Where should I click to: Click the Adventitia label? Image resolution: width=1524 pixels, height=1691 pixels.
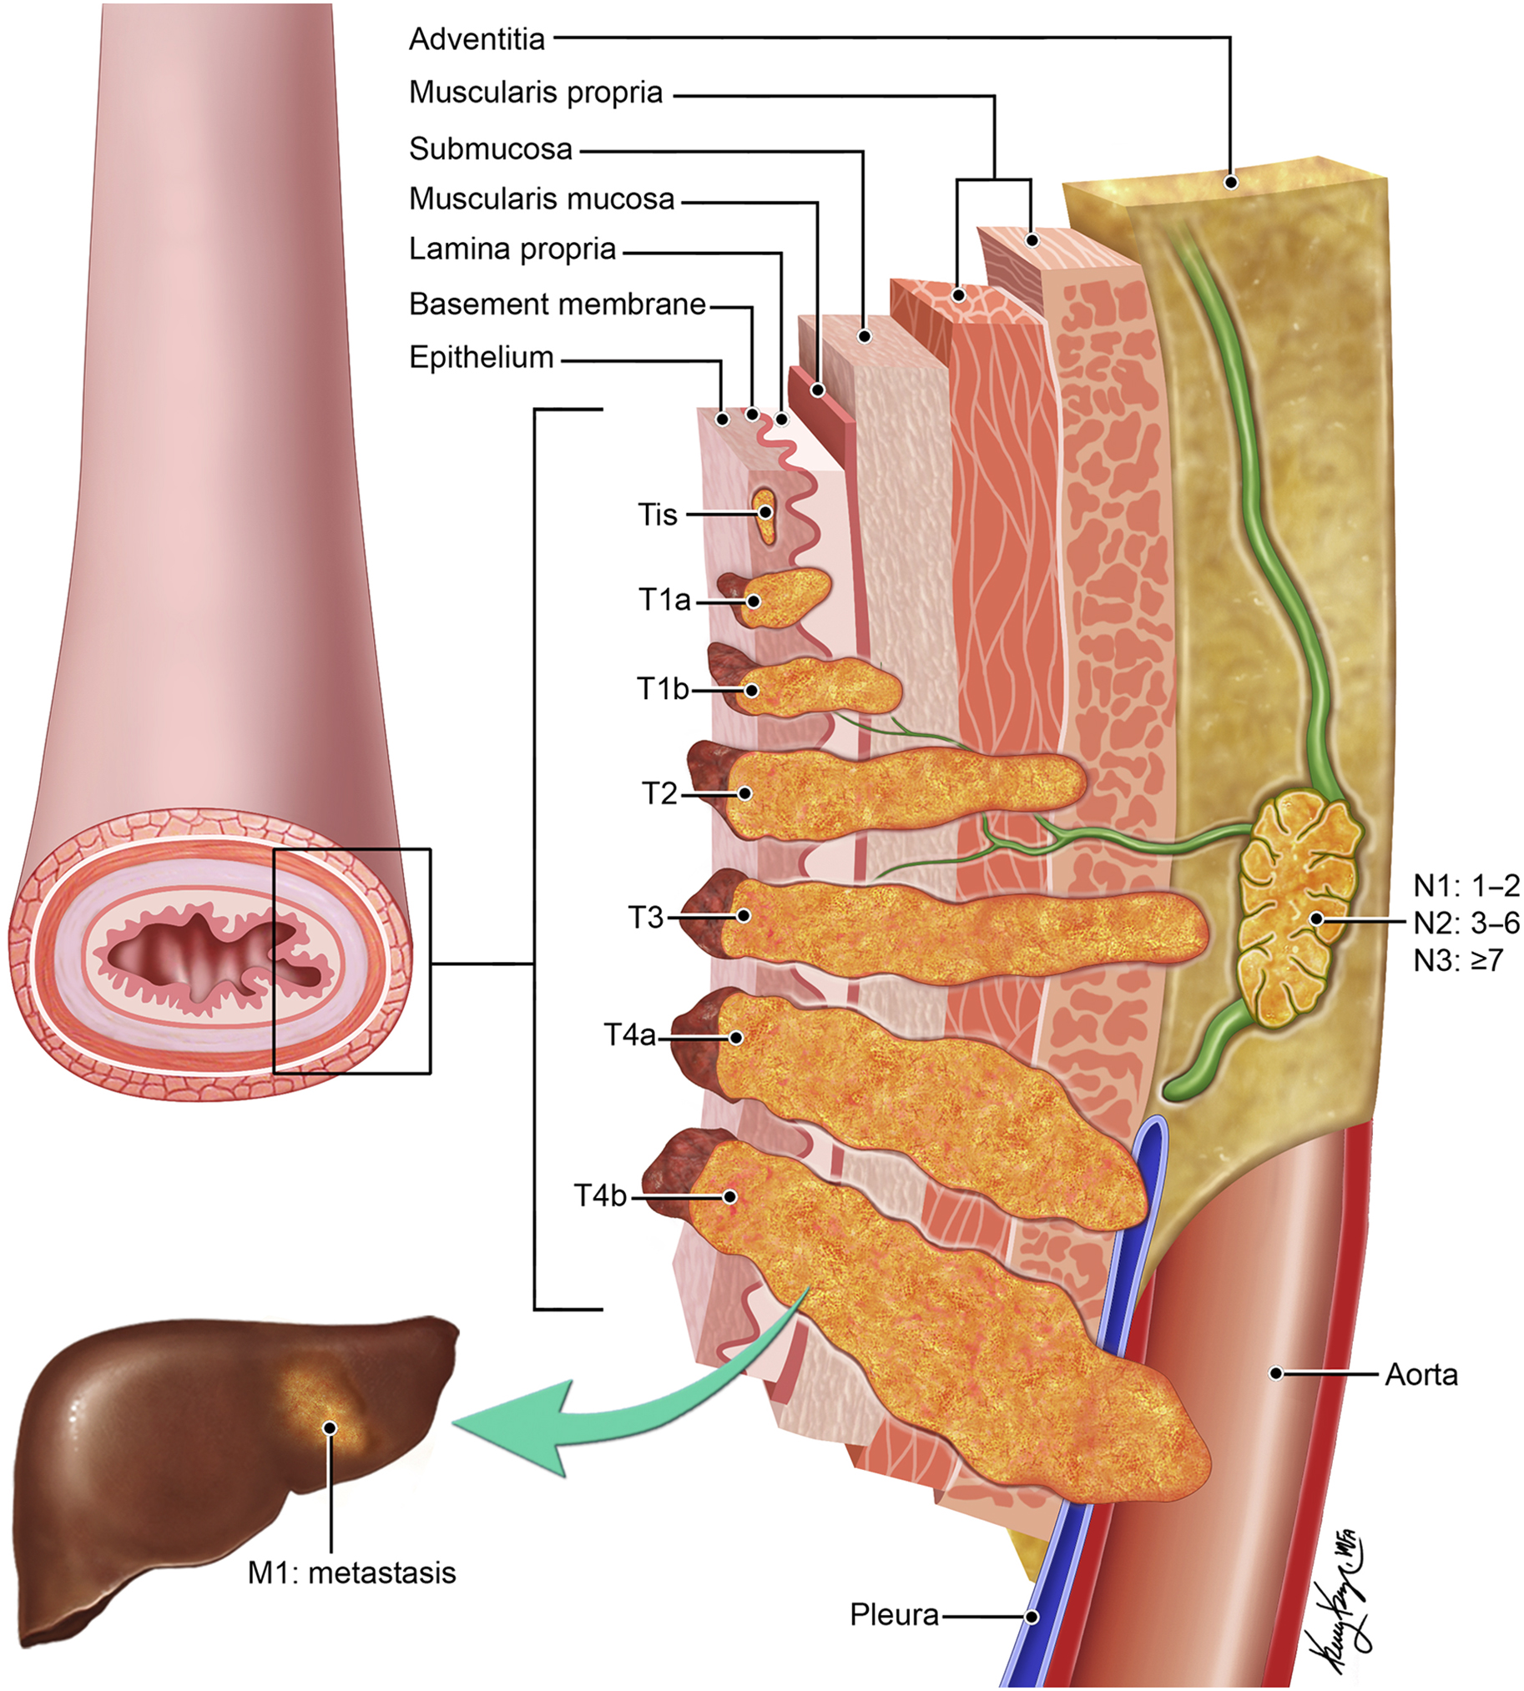click(x=477, y=39)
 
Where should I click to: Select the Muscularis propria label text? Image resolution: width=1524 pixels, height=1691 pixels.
click(x=535, y=93)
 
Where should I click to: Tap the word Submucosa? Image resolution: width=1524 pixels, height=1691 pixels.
click(x=491, y=149)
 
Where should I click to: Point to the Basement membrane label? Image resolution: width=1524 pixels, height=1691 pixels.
click(x=557, y=304)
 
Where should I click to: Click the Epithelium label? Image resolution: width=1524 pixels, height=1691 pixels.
click(x=482, y=357)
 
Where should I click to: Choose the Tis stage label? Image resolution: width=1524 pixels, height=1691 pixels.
click(x=658, y=515)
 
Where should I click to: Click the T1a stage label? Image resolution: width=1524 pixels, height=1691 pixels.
click(x=664, y=599)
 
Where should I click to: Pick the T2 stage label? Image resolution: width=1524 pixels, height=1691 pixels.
click(x=659, y=793)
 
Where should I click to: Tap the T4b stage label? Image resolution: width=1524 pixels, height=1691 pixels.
click(x=599, y=1195)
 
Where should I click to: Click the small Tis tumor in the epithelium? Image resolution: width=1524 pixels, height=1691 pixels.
click(x=765, y=512)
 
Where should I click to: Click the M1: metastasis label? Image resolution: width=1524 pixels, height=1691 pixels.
click(x=351, y=1573)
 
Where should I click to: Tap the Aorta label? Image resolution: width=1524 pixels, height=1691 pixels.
click(x=1421, y=1374)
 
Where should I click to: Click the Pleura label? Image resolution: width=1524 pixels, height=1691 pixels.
click(x=894, y=1614)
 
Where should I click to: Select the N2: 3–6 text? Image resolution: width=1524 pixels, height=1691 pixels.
click(x=1466, y=923)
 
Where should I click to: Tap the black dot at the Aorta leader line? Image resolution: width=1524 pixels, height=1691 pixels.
click(x=1276, y=1373)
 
